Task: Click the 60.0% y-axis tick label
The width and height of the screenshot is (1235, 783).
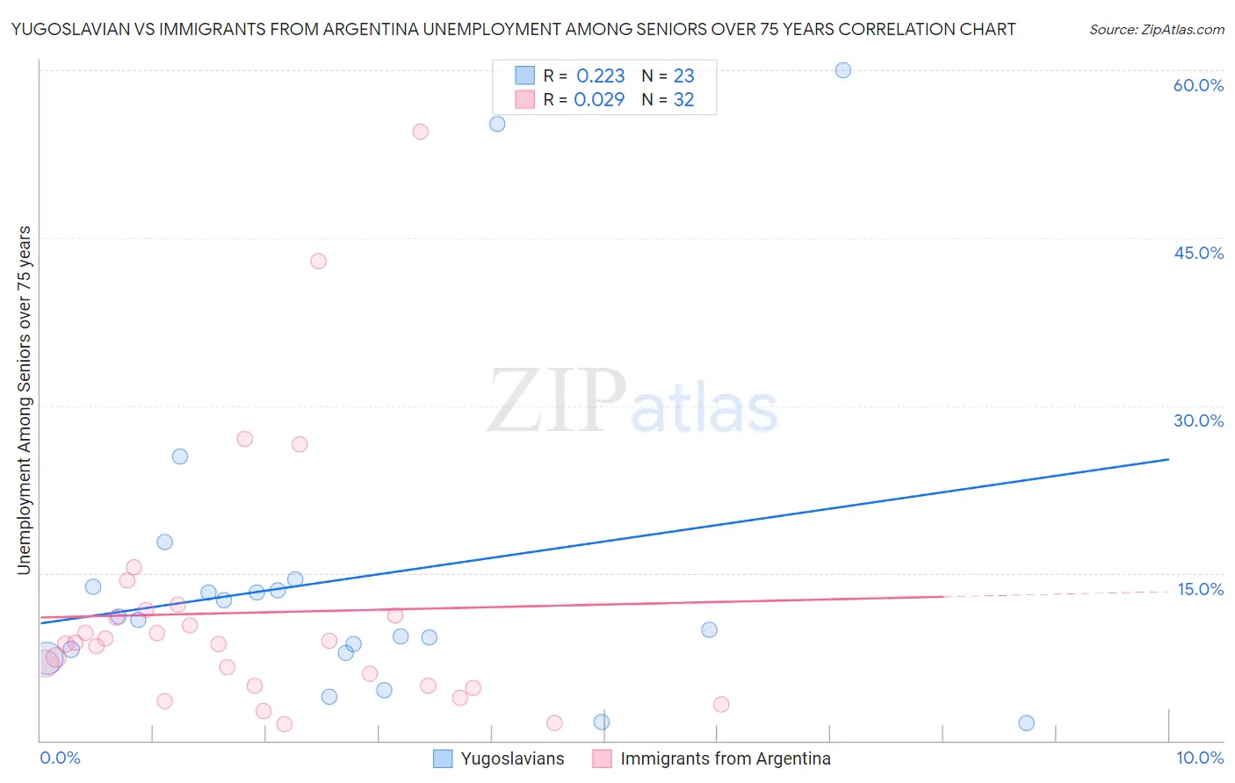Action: [1198, 85]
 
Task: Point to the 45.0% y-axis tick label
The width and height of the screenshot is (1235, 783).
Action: [1198, 253]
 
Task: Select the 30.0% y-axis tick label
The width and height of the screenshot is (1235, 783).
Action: [1198, 420]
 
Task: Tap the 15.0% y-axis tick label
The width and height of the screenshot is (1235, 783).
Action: [1200, 589]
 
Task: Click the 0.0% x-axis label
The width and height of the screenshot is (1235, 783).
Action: [60, 758]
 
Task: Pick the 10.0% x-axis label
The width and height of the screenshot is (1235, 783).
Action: [1199, 758]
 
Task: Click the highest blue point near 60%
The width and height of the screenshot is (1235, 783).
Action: [843, 70]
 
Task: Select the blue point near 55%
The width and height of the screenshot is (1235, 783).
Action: [497, 124]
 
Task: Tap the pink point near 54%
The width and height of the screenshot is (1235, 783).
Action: [421, 132]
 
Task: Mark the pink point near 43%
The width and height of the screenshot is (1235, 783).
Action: [318, 261]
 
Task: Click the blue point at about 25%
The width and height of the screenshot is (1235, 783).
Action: [180, 456]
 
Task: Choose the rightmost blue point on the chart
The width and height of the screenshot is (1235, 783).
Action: [1026, 723]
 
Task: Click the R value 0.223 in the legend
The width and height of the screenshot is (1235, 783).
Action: [600, 76]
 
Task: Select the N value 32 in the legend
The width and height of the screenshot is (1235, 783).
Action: [683, 100]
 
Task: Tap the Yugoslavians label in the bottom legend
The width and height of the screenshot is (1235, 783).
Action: [512, 758]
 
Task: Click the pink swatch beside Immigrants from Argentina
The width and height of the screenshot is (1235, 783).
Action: [602, 758]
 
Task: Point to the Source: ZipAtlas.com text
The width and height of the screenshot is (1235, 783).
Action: [1156, 30]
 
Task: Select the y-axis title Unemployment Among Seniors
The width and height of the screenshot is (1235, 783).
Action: [25, 400]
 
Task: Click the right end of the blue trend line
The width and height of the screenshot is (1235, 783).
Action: [1168, 459]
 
